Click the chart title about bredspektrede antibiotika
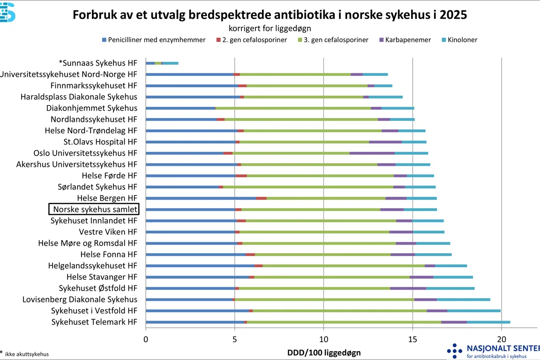click(270, 15)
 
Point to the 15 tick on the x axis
click(412, 339)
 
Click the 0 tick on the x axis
click(146, 339)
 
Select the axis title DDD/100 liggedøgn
click(324, 352)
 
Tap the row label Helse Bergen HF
click(107, 198)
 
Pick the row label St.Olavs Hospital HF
click(100, 142)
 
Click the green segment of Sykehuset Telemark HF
click(390, 322)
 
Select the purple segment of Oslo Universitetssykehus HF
click(372, 153)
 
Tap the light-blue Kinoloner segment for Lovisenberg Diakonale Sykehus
click(463, 300)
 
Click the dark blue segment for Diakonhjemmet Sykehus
click(180, 108)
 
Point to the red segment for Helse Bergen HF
click(262, 198)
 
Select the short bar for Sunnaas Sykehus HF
click(162, 63)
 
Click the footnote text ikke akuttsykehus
click(27, 354)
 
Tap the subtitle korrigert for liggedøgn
click(270, 29)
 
